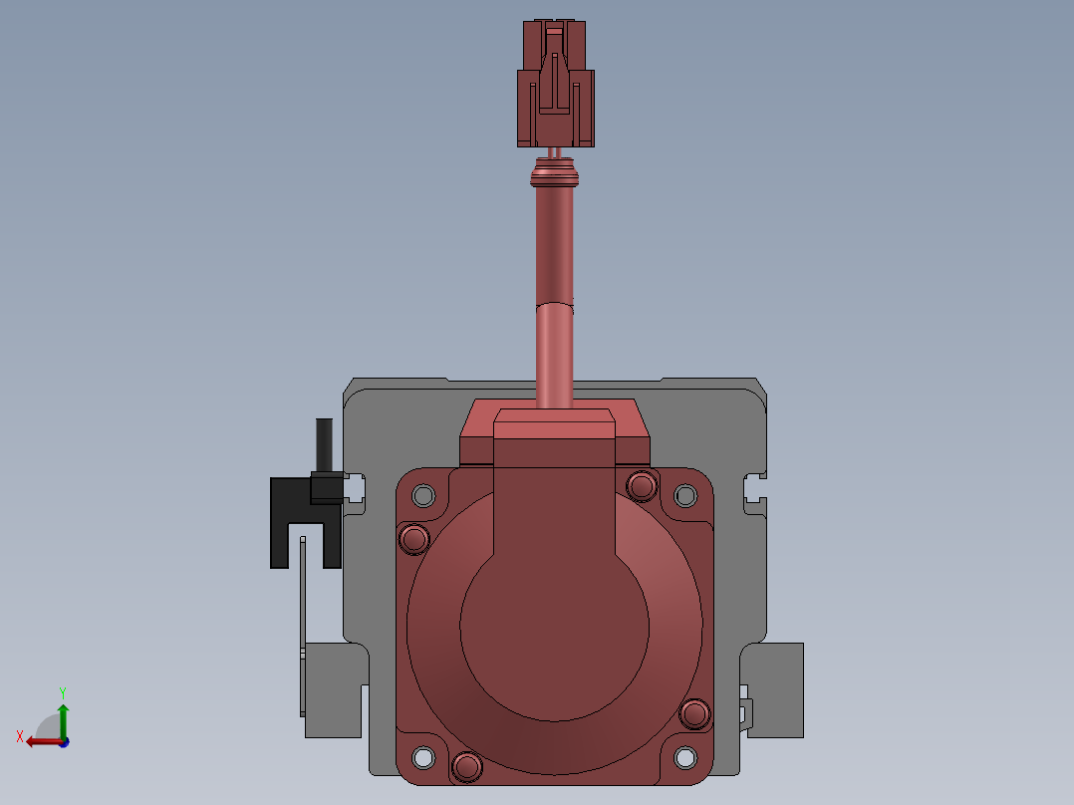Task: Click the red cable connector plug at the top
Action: pos(556,83)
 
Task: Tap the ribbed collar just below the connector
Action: pos(555,173)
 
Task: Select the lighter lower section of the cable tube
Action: pos(554,355)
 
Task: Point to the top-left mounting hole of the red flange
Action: pos(423,495)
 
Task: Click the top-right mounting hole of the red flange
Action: pos(685,495)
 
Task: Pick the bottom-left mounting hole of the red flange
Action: pos(423,758)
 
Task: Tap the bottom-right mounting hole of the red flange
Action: pos(685,758)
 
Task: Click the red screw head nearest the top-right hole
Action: pos(642,486)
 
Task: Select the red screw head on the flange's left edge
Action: pos(413,539)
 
